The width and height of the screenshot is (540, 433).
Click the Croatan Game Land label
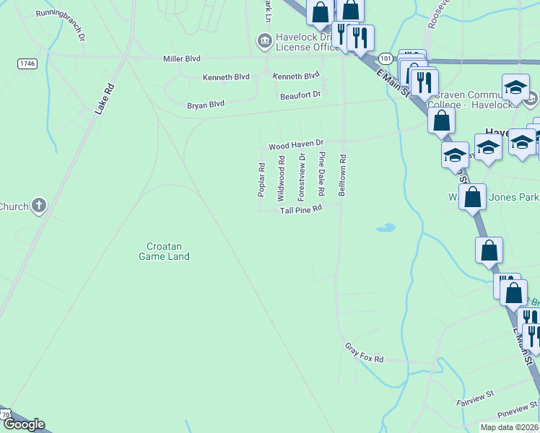tap(165, 250)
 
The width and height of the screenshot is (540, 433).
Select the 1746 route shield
tap(27, 64)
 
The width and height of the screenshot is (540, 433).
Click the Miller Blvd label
tap(182, 58)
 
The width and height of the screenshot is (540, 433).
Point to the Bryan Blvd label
tap(206, 105)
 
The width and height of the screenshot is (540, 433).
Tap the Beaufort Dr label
tap(300, 95)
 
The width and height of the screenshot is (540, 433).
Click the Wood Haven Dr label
tap(297, 146)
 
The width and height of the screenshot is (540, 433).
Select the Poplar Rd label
tap(261, 180)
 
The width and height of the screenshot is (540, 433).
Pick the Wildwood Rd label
tap(282, 178)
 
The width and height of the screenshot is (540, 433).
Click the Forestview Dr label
tap(302, 177)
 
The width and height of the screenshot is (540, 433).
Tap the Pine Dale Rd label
tap(322, 175)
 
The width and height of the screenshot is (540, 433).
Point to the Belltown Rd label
tap(342, 175)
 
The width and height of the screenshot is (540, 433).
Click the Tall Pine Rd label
tap(300, 210)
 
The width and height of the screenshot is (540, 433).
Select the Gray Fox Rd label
tap(364, 353)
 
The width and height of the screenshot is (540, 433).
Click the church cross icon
tap(39, 206)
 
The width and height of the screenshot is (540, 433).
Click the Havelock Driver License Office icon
tap(264, 40)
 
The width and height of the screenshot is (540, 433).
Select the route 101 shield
tap(386, 58)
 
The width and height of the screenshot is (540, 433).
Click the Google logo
tap(24, 424)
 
